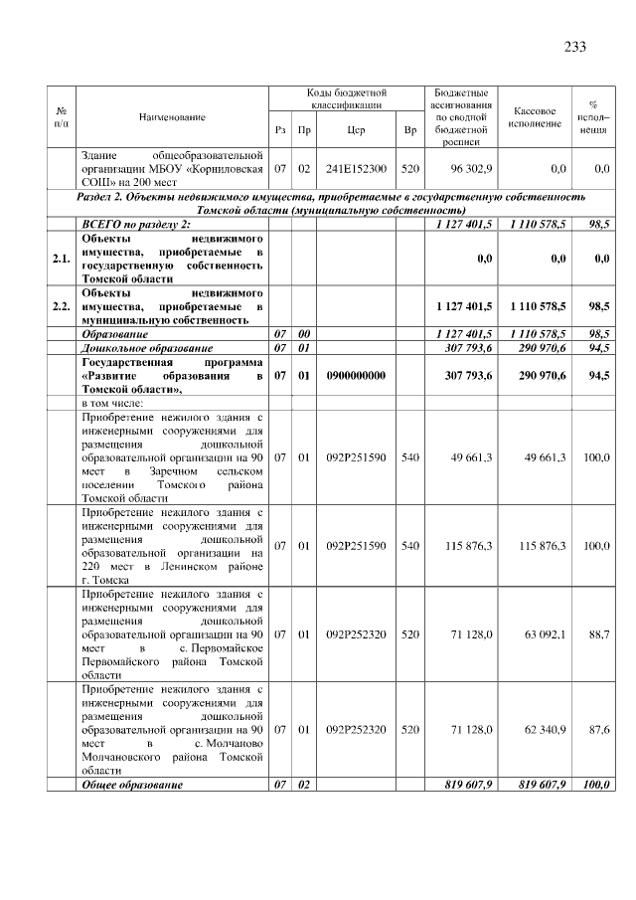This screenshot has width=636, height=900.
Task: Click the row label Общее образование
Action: [x=132, y=785]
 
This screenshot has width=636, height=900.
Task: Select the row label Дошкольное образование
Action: [x=147, y=348]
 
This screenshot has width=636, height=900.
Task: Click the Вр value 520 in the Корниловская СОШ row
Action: [x=410, y=169]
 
